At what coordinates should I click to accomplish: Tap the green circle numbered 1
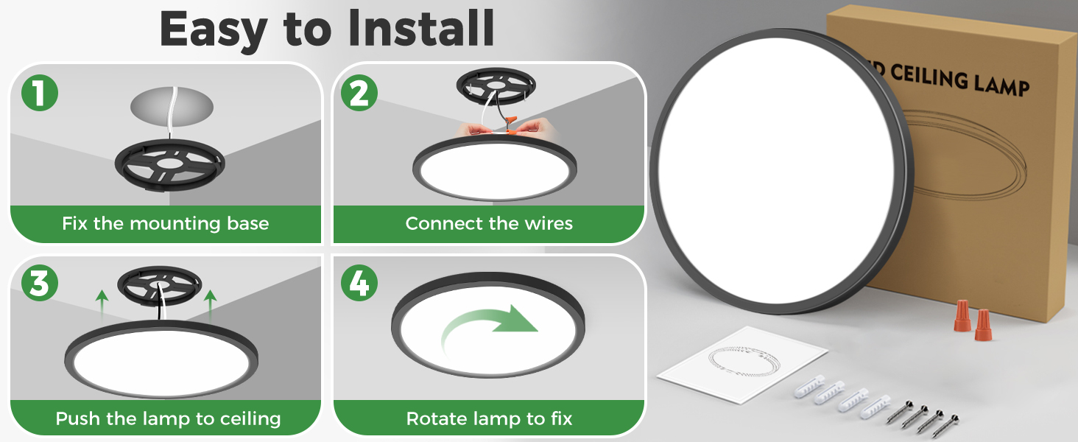pyautogui.click(x=40, y=94)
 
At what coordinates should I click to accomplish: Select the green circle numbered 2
pyautogui.click(x=359, y=94)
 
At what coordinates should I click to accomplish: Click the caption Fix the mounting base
pyautogui.click(x=166, y=224)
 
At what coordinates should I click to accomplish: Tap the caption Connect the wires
pyautogui.click(x=489, y=224)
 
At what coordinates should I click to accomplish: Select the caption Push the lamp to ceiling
pyautogui.click(x=168, y=419)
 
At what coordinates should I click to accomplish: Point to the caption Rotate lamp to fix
pyautogui.click(x=489, y=419)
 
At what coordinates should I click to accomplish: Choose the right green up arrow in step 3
pyautogui.click(x=211, y=304)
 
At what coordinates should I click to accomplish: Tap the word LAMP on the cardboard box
pyautogui.click(x=998, y=84)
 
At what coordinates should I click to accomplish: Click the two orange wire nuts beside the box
pyautogui.click(x=972, y=320)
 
